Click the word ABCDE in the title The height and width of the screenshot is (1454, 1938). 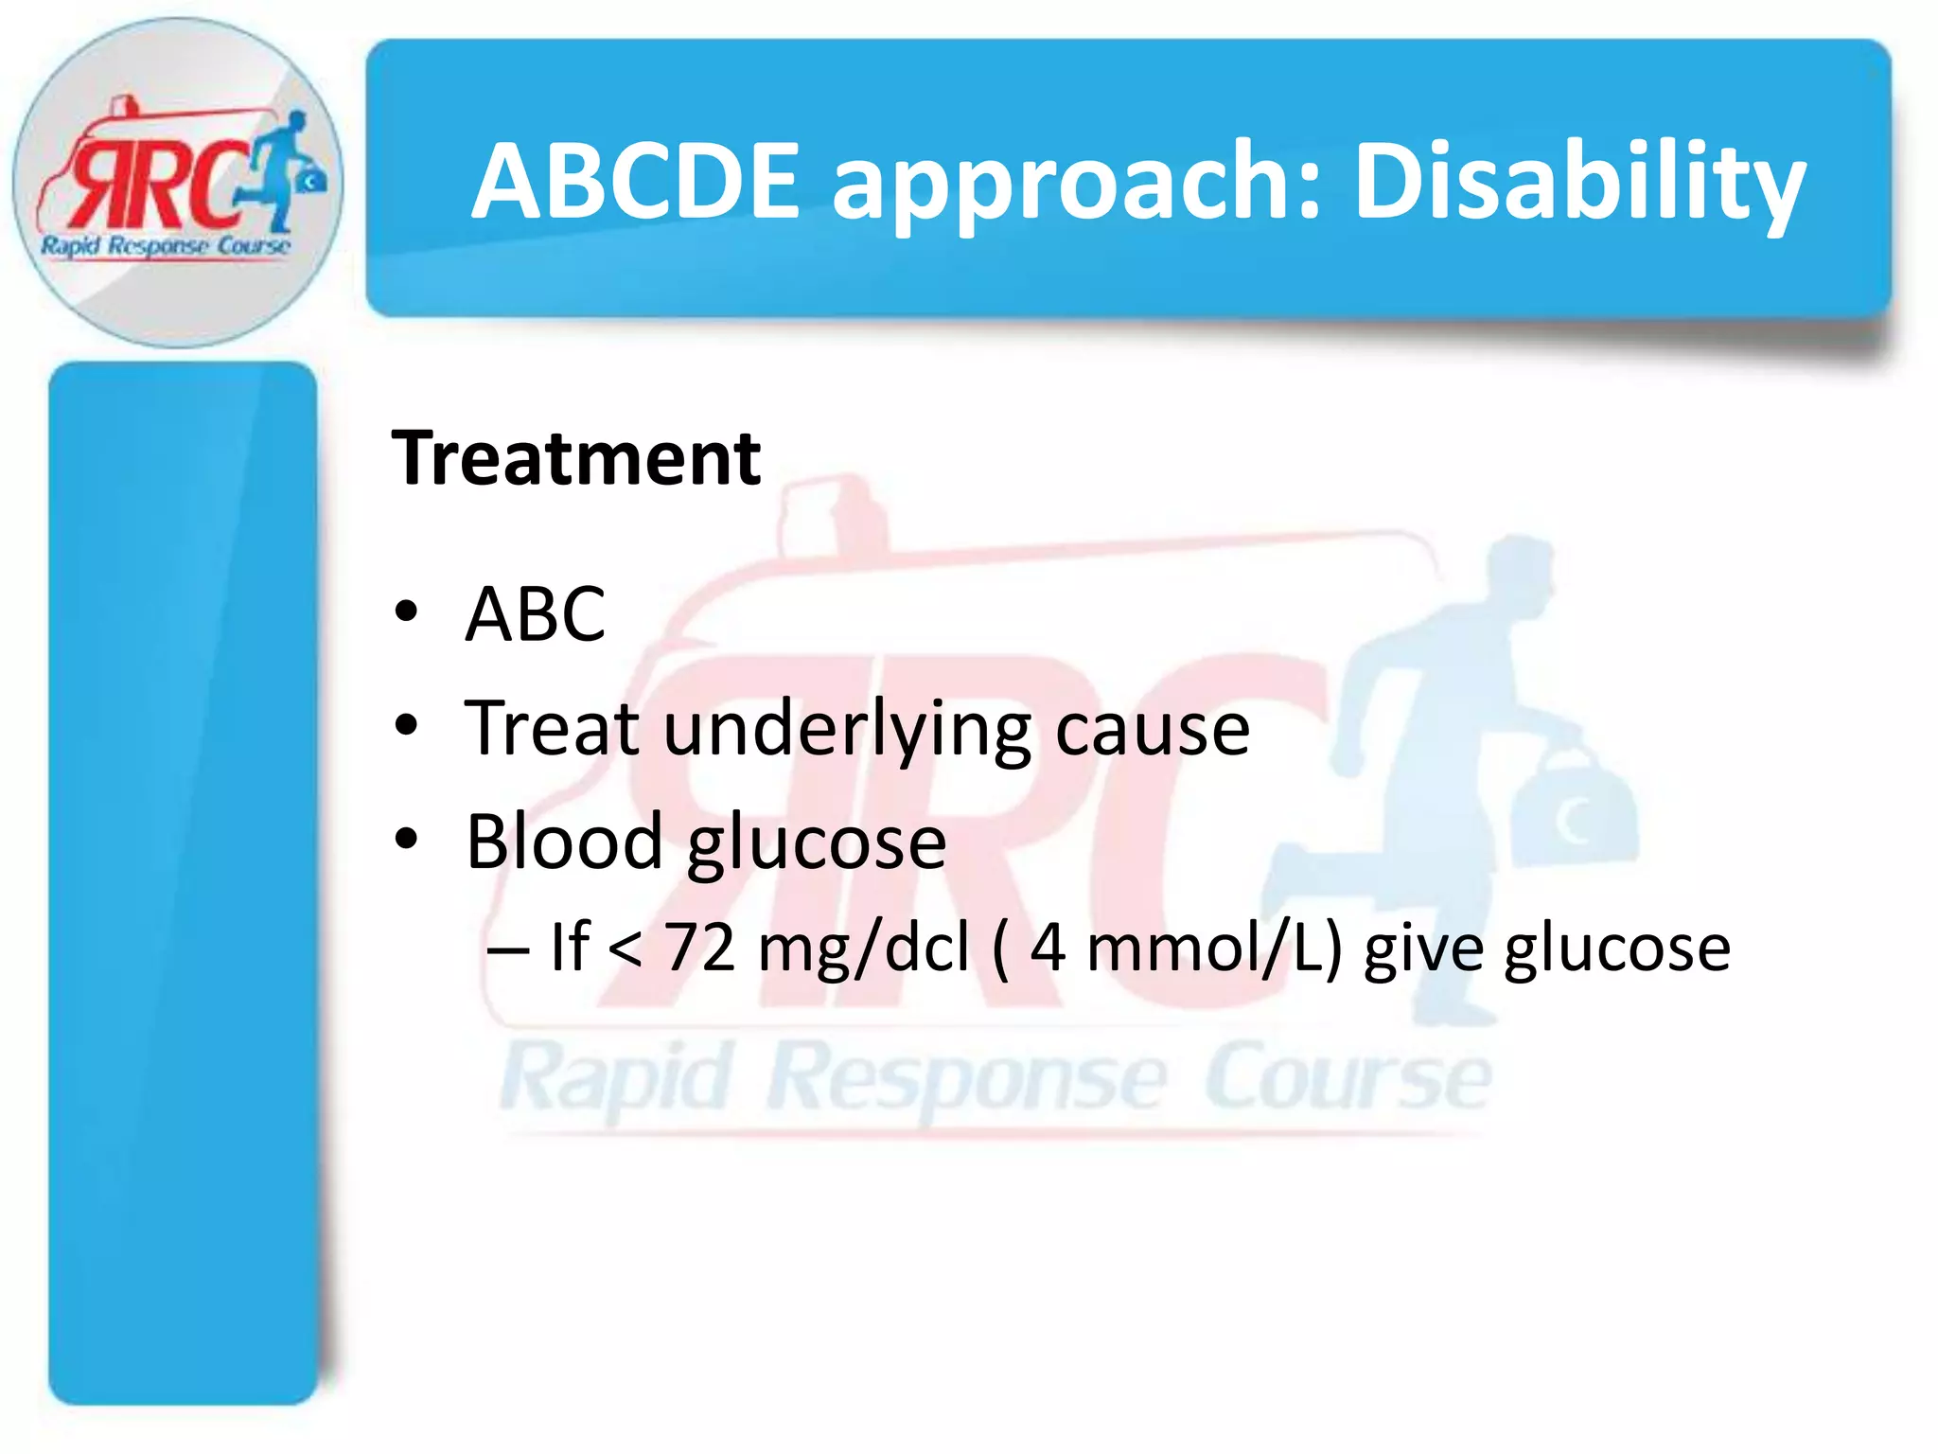tap(636, 180)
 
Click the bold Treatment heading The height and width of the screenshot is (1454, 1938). tap(576, 458)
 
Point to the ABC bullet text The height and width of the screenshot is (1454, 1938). tap(535, 614)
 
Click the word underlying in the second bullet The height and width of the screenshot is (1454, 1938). tap(847, 731)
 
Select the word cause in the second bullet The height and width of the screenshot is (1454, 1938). tap(1152, 731)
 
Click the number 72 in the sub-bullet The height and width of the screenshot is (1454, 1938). tap(699, 947)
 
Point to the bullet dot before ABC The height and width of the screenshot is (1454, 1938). tap(406, 612)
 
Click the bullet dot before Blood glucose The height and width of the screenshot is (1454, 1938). tap(406, 839)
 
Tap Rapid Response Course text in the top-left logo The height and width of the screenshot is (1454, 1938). tap(165, 246)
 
